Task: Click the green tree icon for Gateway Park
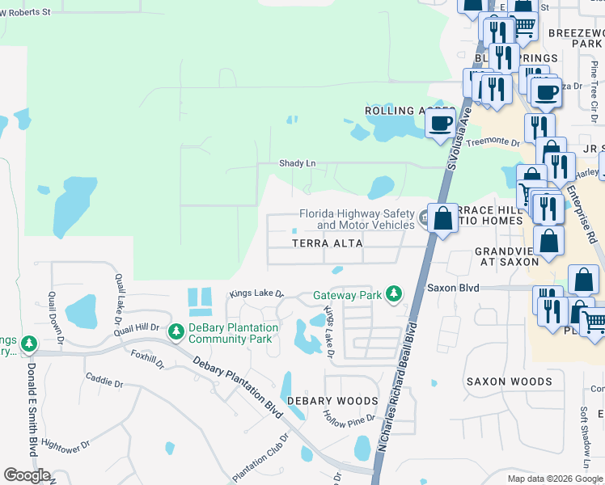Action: (x=394, y=293)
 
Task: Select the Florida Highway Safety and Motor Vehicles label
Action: (x=357, y=219)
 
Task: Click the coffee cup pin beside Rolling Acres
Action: (x=441, y=124)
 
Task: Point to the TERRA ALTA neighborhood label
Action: (x=327, y=242)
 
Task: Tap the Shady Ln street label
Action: (x=297, y=163)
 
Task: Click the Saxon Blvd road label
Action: (x=453, y=288)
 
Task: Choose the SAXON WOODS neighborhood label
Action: (x=509, y=382)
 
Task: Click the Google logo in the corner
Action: (x=27, y=475)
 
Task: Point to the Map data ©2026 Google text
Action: (x=555, y=479)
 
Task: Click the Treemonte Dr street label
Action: (x=493, y=141)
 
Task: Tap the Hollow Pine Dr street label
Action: (x=349, y=420)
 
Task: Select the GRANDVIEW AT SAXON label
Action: (x=506, y=256)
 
